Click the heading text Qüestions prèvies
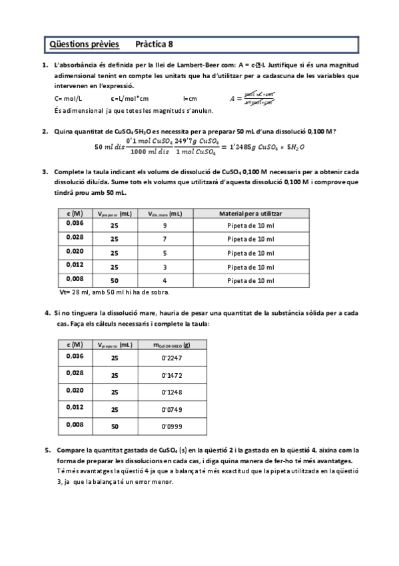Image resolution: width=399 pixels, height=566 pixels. tap(84, 45)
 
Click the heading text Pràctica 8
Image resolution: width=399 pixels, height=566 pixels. tap(153, 45)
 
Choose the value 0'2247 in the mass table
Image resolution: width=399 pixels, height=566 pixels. tap(172, 358)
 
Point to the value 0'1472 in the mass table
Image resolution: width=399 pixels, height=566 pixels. tap(172, 375)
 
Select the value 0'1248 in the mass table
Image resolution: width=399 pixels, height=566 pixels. tap(172, 392)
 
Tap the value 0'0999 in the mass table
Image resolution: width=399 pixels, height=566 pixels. tap(172, 426)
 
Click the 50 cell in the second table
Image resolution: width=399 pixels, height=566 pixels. tap(115, 426)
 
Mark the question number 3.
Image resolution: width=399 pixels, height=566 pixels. tap(44, 172)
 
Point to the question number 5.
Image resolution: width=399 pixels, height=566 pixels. tap(47, 451)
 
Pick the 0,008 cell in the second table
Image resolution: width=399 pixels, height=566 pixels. tap(75, 424)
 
